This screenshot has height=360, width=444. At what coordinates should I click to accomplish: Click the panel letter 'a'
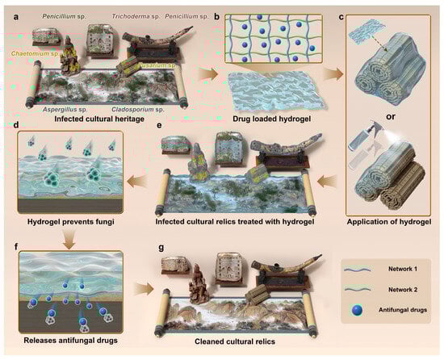pyautogui.click(x=16, y=17)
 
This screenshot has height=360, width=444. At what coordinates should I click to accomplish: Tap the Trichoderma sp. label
pyautogui.click(x=136, y=16)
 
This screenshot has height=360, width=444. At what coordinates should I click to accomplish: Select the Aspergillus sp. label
pyautogui.click(x=65, y=110)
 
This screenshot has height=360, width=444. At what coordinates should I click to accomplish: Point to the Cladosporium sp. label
pyautogui.click(x=138, y=110)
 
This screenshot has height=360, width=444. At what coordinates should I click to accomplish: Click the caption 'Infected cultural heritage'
pyautogui.click(x=99, y=119)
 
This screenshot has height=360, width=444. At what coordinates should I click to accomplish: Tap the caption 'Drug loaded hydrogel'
pyautogui.click(x=271, y=119)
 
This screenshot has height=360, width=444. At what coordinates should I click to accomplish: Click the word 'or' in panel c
pyautogui.click(x=390, y=116)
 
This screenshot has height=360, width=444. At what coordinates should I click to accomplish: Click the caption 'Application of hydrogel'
pyautogui.click(x=389, y=222)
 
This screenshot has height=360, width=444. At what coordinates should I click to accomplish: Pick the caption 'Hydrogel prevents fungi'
pyautogui.click(x=71, y=222)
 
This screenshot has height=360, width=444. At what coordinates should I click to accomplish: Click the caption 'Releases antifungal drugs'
pyautogui.click(x=70, y=340)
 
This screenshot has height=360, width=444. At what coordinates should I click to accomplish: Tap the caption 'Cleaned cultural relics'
pyautogui.click(x=235, y=341)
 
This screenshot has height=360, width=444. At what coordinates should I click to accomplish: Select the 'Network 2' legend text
pyautogui.click(x=402, y=290)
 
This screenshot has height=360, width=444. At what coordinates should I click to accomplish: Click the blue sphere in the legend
pyautogui.click(x=358, y=311)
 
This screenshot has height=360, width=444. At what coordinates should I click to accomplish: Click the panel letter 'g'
pyautogui.click(x=161, y=248)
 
